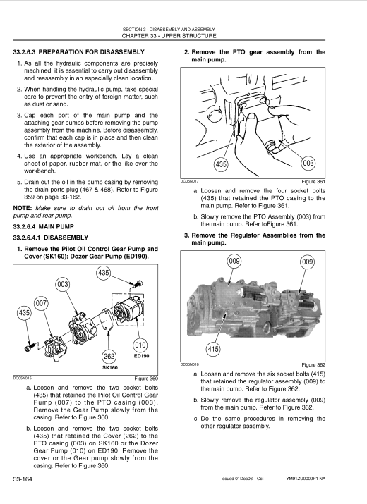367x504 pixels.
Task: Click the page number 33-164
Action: (23, 479)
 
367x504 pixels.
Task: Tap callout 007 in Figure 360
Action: (41, 303)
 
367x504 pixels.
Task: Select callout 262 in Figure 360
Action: (109, 356)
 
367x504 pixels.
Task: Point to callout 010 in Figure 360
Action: (140, 345)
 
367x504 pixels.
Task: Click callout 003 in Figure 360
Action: (62, 285)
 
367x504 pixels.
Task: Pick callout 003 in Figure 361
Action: (308, 164)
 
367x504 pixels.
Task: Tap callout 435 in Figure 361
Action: (221, 164)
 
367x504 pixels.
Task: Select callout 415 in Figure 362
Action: (213, 349)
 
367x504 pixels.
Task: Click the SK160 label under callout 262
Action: (110, 367)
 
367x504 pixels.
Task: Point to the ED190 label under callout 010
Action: (141, 356)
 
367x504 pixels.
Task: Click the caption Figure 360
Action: (146, 379)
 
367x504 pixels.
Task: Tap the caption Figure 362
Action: (313, 365)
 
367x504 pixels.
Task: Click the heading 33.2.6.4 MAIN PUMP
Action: (44, 226)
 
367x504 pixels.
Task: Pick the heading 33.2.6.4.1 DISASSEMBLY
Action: (51, 238)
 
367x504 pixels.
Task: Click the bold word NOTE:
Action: (23, 208)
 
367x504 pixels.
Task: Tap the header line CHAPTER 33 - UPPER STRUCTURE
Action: (169, 36)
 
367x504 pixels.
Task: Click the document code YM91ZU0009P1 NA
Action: (306, 479)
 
